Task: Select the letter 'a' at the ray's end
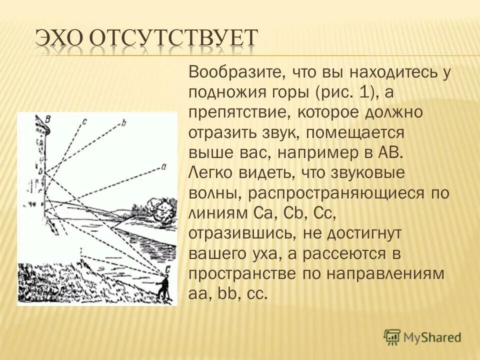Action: tap(163, 167)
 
